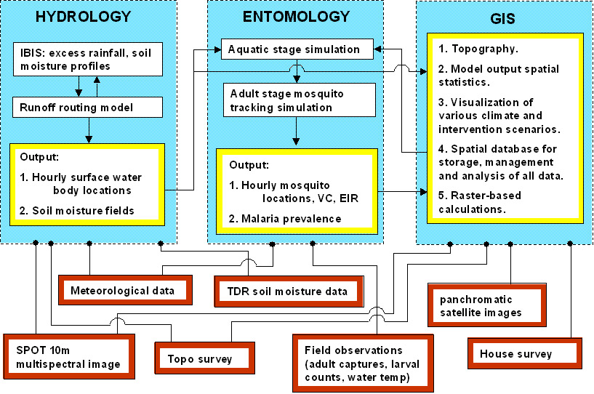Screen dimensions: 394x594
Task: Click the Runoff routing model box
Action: (88, 108)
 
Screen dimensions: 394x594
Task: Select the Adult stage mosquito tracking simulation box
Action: (298, 100)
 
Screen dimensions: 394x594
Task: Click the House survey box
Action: (515, 354)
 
